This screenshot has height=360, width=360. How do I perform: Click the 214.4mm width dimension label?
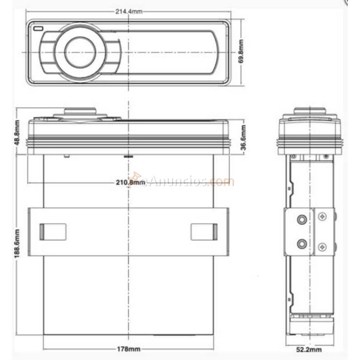tap(129, 11)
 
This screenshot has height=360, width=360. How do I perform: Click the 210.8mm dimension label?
tap(129, 182)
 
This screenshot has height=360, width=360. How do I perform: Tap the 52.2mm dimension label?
tap(310, 349)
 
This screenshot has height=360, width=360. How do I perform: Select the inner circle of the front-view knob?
tap(80, 52)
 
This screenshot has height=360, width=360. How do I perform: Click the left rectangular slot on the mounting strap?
tap(53, 231)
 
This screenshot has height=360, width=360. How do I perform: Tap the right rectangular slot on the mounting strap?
tap(204, 231)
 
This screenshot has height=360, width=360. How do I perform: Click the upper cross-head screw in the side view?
tap(322, 217)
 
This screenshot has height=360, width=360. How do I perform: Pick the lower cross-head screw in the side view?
tap(322, 247)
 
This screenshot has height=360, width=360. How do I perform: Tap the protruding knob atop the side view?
tap(310, 111)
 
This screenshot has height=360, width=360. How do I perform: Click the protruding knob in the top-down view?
tap(80, 112)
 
